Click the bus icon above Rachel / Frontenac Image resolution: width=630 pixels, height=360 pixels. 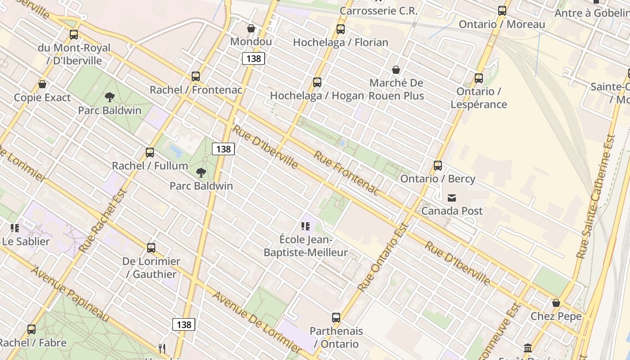click(x=196, y=76)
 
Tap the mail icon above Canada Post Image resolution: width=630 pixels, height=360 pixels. click(x=452, y=198)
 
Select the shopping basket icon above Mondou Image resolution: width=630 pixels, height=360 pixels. click(x=251, y=29)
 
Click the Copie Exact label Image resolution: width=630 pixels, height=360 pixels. click(x=42, y=98)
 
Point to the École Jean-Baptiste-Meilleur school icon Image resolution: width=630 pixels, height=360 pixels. click(x=306, y=226)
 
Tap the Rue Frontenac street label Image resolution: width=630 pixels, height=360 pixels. click(x=346, y=173)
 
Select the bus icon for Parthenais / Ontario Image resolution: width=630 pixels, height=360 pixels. click(x=336, y=318)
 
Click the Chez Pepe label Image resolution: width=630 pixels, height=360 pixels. click(x=556, y=316)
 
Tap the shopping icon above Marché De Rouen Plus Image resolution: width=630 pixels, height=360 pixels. click(x=396, y=70)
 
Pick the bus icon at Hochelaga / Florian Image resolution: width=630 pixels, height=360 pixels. click(x=341, y=29)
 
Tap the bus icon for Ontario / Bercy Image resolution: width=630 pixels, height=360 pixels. click(x=438, y=166)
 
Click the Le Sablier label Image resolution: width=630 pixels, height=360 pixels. click(x=26, y=241)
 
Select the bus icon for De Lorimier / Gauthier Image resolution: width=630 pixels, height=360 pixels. click(x=151, y=248)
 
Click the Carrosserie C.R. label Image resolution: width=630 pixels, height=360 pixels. click(x=379, y=11)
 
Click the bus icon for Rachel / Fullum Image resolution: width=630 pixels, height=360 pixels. click(x=150, y=153)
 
